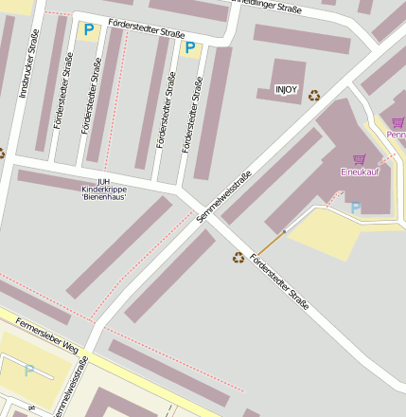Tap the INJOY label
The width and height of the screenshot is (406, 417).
(x=286, y=89)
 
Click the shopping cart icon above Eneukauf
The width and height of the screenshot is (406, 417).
(x=359, y=159)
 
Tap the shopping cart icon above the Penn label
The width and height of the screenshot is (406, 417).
(x=398, y=121)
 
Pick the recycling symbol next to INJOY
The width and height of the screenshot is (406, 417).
(x=314, y=95)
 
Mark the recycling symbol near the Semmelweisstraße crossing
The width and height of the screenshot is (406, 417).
(x=238, y=256)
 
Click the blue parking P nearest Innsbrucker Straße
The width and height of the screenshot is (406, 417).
(x=89, y=30)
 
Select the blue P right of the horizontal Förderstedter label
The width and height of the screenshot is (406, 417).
(x=190, y=47)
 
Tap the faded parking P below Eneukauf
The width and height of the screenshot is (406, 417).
(x=355, y=208)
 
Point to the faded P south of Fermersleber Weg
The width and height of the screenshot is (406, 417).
(x=29, y=371)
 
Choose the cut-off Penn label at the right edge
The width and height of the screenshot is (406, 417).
(x=397, y=135)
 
